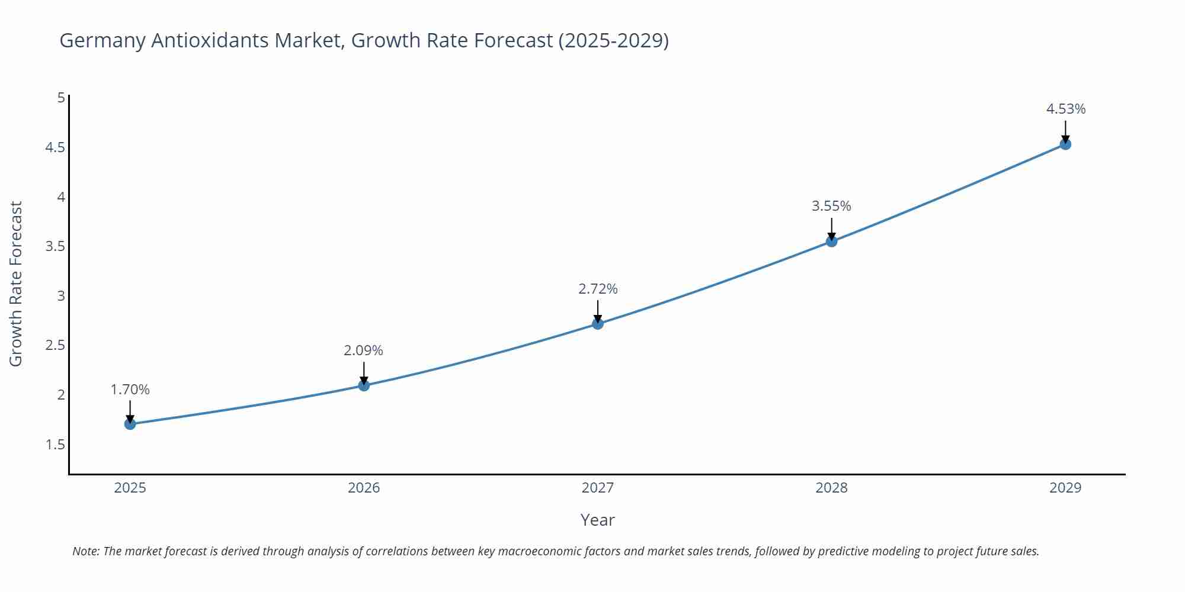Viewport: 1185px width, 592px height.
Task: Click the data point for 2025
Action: [130, 424]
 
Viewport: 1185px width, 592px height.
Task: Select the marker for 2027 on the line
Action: [598, 324]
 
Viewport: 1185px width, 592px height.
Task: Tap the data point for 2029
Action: [1065, 144]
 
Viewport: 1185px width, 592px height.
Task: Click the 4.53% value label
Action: [1065, 109]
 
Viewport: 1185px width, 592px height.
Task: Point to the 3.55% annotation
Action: [831, 206]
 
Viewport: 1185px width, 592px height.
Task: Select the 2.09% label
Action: [363, 350]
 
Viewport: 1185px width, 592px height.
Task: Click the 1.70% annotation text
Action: [130, 390]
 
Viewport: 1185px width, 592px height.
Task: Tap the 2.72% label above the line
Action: [598, 289]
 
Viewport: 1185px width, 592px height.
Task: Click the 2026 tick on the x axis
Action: [364, 488]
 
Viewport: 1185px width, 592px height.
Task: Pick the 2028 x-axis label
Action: [831, 488]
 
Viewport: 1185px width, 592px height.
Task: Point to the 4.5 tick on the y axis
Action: [55, 147]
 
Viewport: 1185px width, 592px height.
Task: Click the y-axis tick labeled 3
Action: [61, 295]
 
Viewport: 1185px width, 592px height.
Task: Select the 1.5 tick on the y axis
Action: [55, 445]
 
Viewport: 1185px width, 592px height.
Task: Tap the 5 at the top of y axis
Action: [61, 98]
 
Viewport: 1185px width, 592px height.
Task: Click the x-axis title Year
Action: [597, 520]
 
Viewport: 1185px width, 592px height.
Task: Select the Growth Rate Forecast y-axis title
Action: [16, 284]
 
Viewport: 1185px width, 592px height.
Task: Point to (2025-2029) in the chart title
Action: [613, 40]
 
